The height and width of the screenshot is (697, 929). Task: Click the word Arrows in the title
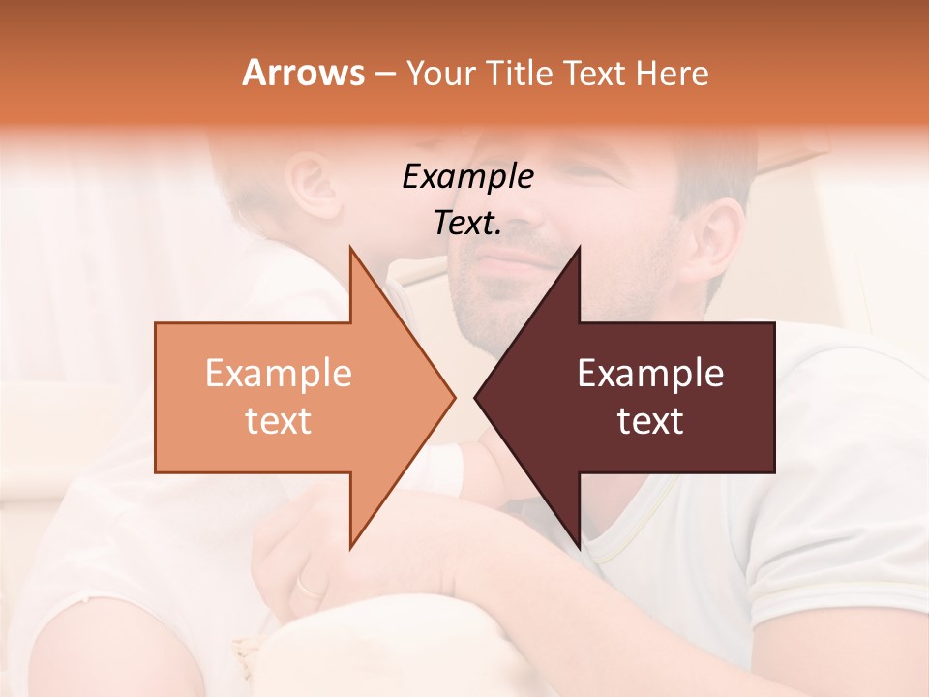303,73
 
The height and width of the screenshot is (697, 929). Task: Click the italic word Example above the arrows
467,176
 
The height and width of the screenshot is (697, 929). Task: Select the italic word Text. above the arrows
467,224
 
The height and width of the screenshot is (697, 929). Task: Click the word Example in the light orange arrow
279,374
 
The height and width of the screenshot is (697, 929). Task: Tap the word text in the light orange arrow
279,421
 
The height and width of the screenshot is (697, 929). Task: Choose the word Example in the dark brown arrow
650,374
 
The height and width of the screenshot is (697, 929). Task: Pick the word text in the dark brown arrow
650,421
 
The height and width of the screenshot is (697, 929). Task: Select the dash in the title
384,73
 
